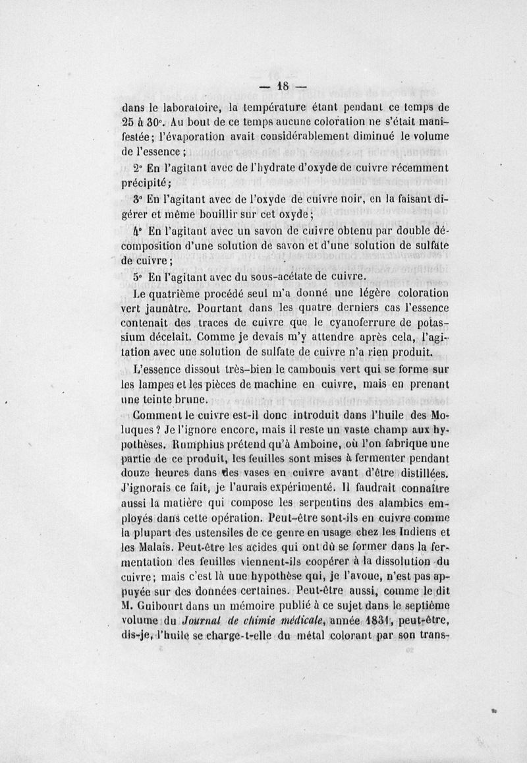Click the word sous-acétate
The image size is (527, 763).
pos(254,275)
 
